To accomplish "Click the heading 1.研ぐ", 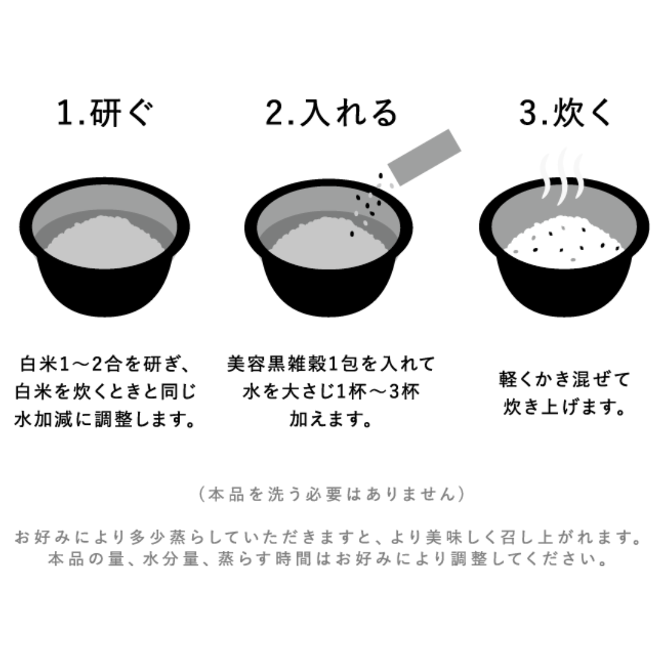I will coord(105,114).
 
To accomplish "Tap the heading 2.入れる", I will coord(331,114).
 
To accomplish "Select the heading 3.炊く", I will coord(566,114).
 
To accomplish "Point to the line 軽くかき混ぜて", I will coord(564,380).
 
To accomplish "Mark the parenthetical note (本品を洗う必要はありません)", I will coord(331,494).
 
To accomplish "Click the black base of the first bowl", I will coord(105,289).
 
